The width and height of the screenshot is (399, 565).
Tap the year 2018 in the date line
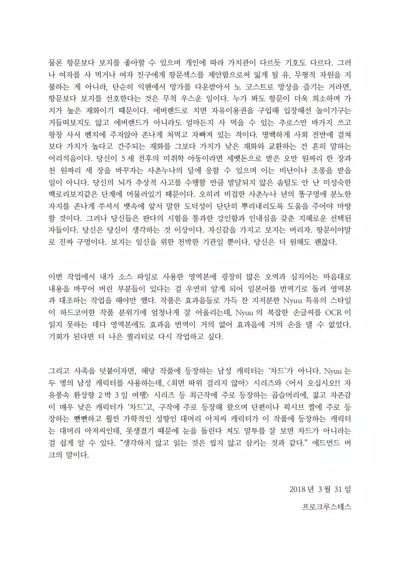[298, 489]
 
